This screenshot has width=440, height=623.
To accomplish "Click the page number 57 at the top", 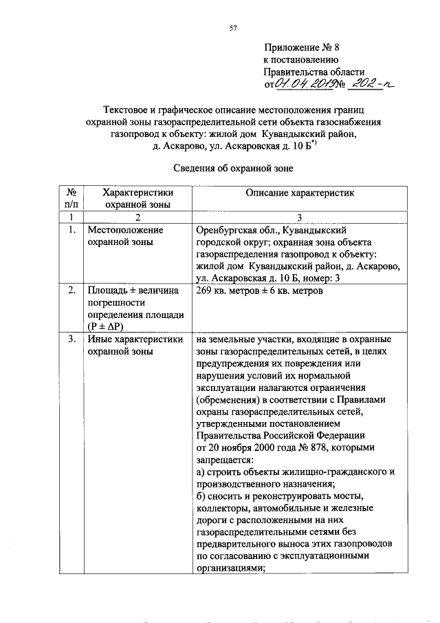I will [232, 28].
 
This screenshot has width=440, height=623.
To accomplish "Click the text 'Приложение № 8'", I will [302, 47].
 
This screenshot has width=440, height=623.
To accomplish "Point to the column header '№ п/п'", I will [71, 198].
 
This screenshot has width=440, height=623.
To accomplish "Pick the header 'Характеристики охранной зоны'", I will [137, 198].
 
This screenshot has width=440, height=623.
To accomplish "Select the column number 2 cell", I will [137, 216].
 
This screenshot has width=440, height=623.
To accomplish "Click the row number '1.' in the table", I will [71, 229].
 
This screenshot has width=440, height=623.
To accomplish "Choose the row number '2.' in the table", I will [71, 291].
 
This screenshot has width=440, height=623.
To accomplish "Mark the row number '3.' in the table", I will [71, 339].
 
